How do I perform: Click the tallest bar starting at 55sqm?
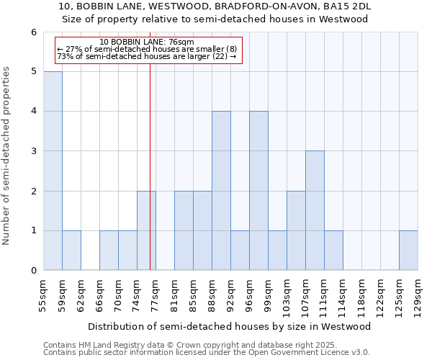[x=53, y=171]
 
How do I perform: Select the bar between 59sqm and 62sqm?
[x=71, y=251]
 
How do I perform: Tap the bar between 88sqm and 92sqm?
[x=221, y=191]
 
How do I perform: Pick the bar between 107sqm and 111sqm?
[x=315, y=210]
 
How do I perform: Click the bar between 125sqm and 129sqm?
[x=408, y=251]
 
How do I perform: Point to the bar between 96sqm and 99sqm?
[x=258, y=191]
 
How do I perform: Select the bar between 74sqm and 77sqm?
[x=146, y=230]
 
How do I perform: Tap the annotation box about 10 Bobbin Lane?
[x=146, y=49]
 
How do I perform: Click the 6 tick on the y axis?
[x=33, y=32]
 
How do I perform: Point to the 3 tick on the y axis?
[x=33, y=151]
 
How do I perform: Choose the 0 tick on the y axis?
[x=33, y=271]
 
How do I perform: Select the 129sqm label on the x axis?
[x=418, y=294]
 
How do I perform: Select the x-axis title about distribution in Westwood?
[x=230, y=326]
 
